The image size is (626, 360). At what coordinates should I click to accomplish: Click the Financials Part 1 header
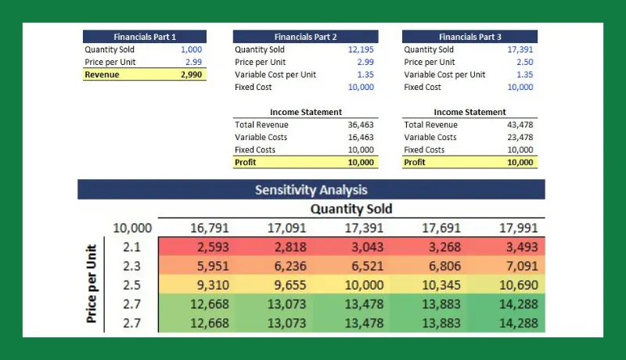(x=145, y=37)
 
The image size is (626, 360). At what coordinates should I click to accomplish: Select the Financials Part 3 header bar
(x=469, y=37)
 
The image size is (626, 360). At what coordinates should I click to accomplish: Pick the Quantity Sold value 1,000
(x=192, y=49)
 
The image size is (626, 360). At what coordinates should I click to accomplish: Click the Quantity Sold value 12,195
(x=361, y=49)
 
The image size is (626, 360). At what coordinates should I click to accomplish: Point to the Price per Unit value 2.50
(x=524, y=62)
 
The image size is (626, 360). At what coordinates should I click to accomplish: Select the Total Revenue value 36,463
(x=361, y=124)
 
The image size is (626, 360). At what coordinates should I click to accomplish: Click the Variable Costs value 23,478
(x=520, y=137)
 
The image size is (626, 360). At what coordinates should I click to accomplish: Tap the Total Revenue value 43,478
(x=520, y=124)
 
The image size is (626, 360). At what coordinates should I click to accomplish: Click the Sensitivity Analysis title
(x=311, y=189)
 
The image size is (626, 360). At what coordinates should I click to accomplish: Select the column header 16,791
(x=209, y=229)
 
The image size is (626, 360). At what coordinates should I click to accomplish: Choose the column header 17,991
(x=519, y=229)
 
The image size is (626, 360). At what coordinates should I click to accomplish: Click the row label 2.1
(x=131, y=247)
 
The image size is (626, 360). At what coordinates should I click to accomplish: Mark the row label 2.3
(x=131, y=266)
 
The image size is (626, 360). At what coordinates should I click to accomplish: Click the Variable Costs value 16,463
(x=361, y=137)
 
